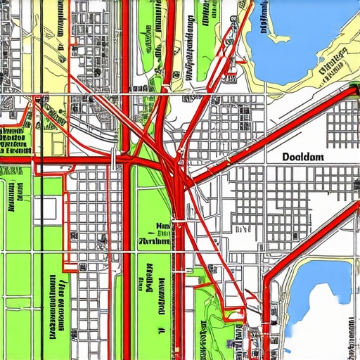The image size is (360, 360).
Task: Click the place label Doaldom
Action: [302, 157]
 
